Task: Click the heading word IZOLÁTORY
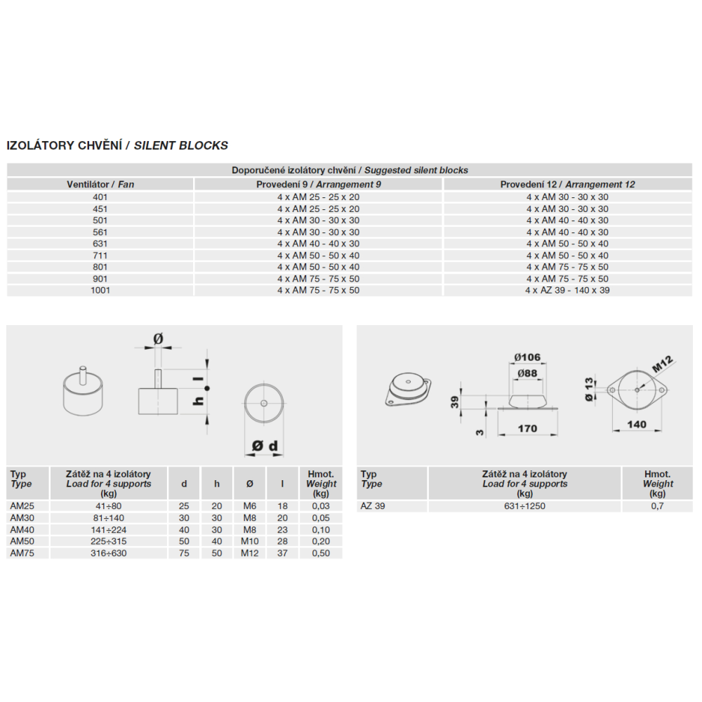point(41,145)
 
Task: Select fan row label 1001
point(100,290)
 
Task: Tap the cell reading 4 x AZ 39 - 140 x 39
point(567,290)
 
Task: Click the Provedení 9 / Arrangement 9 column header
point(318,185)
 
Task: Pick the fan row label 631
point(100,244)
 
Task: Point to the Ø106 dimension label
point(527,357)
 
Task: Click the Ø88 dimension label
point(527,373)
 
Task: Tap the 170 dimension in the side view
point(527,428)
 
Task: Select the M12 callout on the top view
point(662,364)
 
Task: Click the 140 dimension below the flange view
point(637,424)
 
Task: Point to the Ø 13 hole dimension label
point(589,390)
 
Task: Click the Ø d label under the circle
point(265,446)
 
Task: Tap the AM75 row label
point(22,553)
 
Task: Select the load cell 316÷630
point(109,553)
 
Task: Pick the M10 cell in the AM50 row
point(250,541)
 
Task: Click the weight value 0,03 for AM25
point(321,506)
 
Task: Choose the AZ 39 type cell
point(373,506)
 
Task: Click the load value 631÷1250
point(524,506)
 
